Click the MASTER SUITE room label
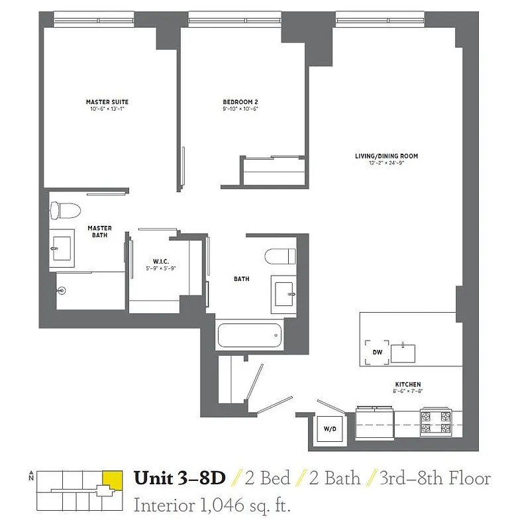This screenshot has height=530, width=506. [107, 102]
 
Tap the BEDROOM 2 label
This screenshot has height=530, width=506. [240, 102]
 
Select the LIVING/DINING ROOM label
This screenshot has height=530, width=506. [386, 156]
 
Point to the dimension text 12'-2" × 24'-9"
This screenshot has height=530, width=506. [386, 163]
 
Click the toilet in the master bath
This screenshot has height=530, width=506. [65, 210]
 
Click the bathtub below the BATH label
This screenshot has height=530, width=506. [249, 335]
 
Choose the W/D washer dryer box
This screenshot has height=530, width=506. [329, 428]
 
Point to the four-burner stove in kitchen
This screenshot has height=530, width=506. [435, 423]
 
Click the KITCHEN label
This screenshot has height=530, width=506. [407, 385]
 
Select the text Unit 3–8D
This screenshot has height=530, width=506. [179, 478]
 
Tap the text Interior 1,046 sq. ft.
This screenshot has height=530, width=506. [212, 505]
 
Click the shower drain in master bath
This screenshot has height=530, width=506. [62, 290]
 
